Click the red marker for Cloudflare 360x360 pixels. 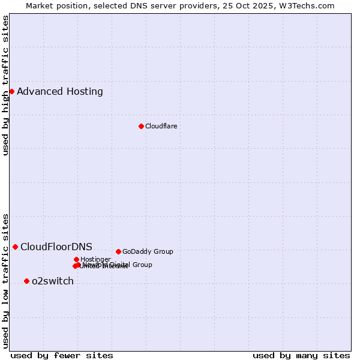tap(141, 126)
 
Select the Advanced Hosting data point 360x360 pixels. tap(11, 91)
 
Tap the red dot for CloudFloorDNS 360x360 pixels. tap(15, 247)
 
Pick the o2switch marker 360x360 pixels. tap(26, 281)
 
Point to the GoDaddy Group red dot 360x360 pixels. tap(118, 251)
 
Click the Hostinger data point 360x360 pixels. tap(76, 259)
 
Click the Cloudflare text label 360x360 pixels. tap(161, 126)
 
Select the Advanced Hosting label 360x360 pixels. tap(60, 92)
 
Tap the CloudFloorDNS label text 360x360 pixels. tap(56, 247)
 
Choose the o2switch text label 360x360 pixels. tap(53, 281)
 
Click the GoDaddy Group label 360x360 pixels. tap(148, 251)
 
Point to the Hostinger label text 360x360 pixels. tap(95, 259)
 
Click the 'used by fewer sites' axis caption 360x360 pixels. tap(62, 355)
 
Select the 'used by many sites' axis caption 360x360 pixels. tap(301, 355)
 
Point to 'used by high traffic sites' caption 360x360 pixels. tap(5, 85)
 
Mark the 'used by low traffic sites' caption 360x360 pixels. tap(5, 280)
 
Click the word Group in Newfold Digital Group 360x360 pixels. tap(142, 265)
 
